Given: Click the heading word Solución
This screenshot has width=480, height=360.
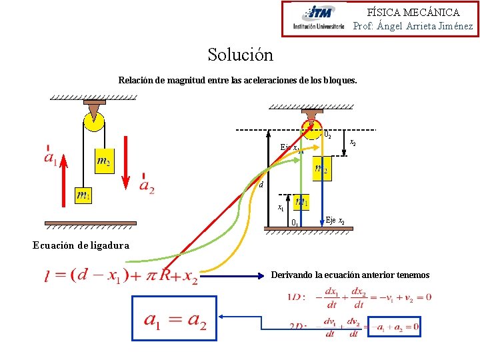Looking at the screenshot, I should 240,54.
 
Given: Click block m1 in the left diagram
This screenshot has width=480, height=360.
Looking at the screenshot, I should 83,195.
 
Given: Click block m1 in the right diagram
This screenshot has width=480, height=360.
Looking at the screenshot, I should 301,201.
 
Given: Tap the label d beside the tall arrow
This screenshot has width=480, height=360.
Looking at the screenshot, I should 261,185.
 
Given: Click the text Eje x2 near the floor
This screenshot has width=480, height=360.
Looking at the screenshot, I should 335,220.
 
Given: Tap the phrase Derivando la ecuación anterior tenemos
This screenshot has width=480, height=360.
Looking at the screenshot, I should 350,275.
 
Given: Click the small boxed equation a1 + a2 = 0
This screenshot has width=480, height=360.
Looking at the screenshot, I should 395,327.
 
